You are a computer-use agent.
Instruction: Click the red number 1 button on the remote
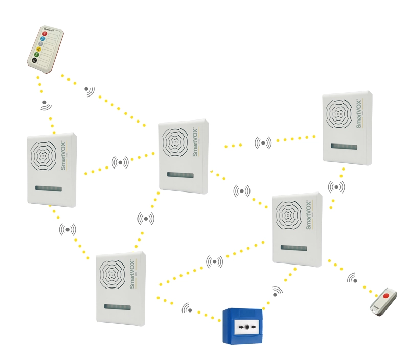44,34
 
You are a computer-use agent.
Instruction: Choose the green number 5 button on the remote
37,55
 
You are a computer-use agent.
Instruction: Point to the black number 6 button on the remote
35,60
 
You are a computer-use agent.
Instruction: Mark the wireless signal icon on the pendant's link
352,278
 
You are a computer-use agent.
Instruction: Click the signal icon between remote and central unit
89,91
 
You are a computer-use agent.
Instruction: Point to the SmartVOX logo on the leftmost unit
63,156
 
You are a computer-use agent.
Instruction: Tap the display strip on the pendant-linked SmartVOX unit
294,248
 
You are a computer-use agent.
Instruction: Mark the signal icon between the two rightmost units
336,187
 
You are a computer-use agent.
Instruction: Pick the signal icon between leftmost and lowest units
67,229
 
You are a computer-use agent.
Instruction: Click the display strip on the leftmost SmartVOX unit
49,189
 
